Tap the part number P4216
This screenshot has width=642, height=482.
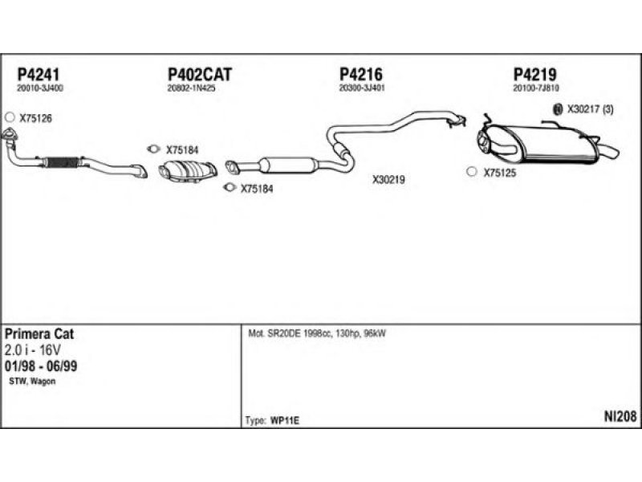360,74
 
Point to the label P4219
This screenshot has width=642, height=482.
535,74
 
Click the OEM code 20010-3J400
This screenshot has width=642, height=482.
39,88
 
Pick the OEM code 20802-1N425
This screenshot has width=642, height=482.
191,88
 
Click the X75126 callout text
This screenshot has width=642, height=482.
35,118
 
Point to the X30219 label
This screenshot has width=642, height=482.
388,181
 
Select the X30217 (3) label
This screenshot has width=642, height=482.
590,110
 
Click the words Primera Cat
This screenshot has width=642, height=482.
39,334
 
